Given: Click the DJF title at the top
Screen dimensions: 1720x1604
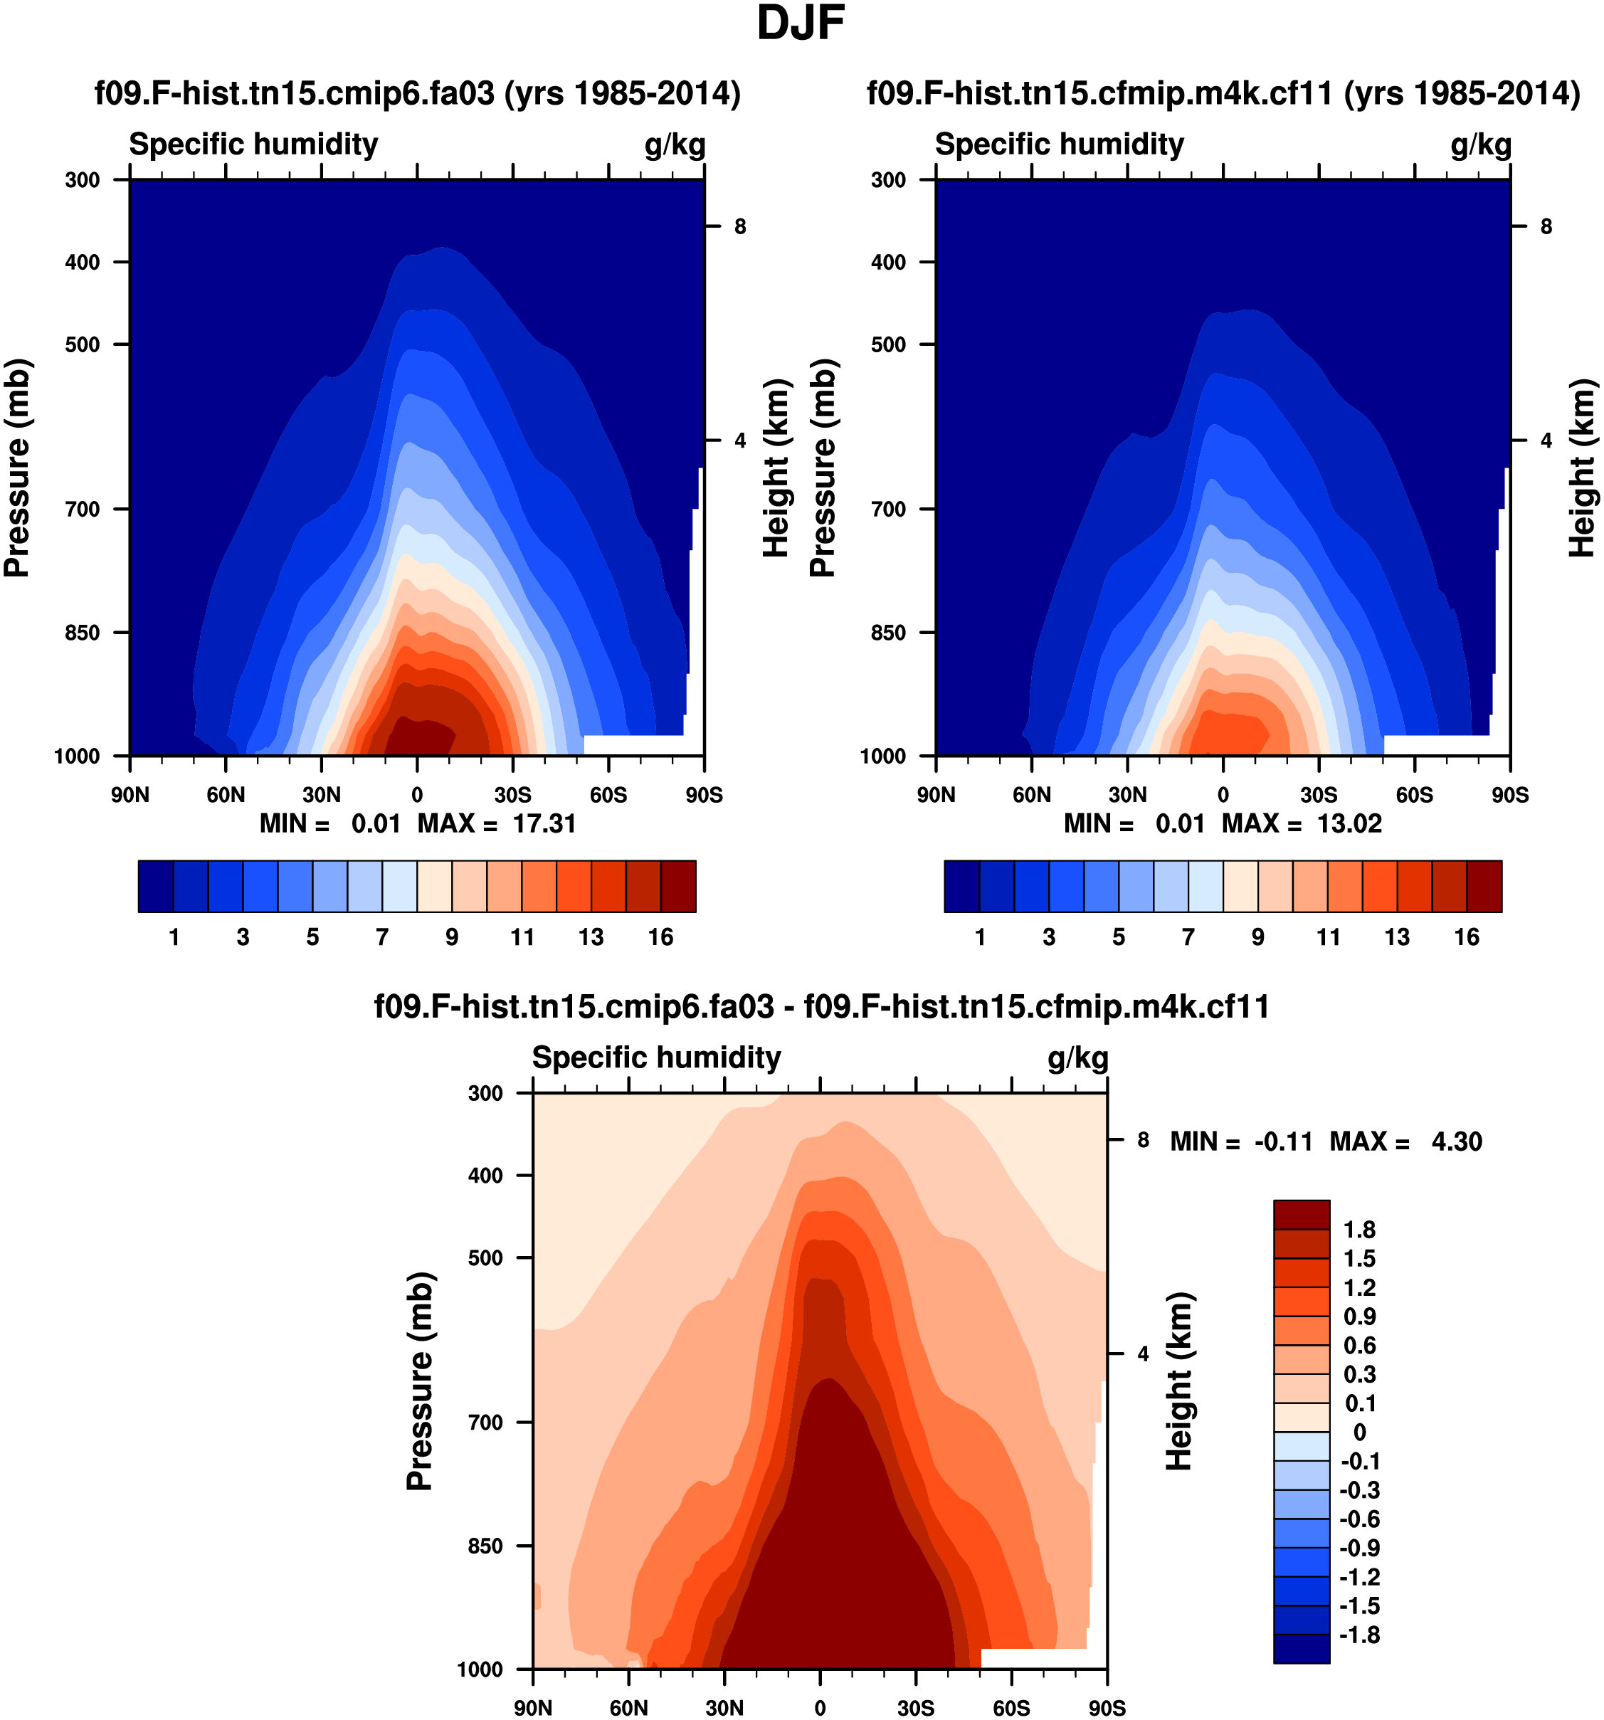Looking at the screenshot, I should pos(801,23).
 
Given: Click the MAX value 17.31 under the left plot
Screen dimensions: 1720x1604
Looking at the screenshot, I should pos(544,823).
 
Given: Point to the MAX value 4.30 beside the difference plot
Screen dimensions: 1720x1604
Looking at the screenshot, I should pos(1456,1142).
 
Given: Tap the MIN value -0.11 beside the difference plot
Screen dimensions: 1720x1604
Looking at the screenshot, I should pos(1283,1142).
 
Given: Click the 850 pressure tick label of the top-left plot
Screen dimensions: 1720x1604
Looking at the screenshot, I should pos(83,633).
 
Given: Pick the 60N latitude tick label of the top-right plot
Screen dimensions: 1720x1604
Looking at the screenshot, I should pos(1031,795).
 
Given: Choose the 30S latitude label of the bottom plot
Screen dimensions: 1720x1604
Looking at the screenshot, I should pos(915,1708).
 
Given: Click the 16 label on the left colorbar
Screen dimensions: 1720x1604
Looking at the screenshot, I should pos(660,937).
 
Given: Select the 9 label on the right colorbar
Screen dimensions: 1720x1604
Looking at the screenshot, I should pos(1258,937).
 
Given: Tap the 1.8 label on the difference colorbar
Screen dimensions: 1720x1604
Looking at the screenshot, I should pos(1359,1230).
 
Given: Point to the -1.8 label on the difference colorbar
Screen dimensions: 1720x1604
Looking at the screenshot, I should pos(1359,1635).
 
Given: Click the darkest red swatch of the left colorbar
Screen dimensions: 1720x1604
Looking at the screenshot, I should pos(678,886).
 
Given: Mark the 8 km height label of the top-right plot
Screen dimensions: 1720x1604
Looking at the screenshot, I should pos(1546,227).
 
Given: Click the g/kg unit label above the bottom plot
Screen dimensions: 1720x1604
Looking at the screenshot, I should pos(1077,1058).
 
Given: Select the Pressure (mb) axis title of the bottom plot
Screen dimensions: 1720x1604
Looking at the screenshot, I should pos(420,1381).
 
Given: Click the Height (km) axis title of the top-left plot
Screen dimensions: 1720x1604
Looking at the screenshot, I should pos(776,468).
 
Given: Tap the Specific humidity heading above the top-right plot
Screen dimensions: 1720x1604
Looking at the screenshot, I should pos(1059,144).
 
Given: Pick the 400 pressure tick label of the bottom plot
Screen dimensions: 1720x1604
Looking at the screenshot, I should pos(485,1175).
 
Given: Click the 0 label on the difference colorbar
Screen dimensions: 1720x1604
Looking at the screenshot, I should pos(1359,1432).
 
